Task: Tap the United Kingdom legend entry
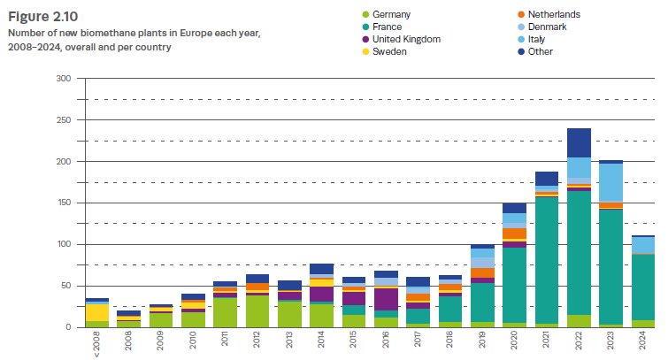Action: (406, 40)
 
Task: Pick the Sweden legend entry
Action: (388, 52)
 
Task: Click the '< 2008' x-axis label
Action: (97, 344)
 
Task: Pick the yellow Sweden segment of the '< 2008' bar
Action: (97, 312)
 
